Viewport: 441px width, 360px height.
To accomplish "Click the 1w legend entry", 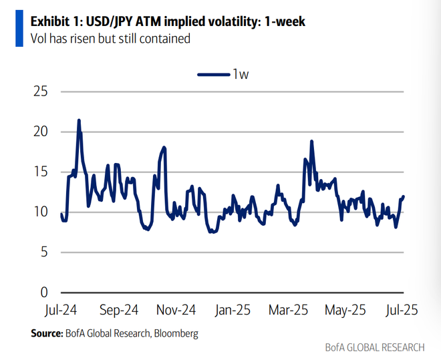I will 223,74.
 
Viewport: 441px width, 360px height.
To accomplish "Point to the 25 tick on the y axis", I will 40,91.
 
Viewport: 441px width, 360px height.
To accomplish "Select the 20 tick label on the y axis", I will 40,132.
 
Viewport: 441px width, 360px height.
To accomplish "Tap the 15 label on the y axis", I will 40,172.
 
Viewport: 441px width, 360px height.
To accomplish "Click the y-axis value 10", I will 40,212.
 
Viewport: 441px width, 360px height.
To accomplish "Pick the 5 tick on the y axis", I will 44,252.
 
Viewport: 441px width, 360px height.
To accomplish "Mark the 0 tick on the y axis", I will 44,293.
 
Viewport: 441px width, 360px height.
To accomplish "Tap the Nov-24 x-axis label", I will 176,310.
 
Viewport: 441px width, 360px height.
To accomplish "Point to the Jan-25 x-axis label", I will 233,310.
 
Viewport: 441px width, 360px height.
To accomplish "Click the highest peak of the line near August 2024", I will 79,120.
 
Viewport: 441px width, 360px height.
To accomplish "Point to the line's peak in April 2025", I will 311,142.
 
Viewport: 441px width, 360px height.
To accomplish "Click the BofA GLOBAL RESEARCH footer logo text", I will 374,348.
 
